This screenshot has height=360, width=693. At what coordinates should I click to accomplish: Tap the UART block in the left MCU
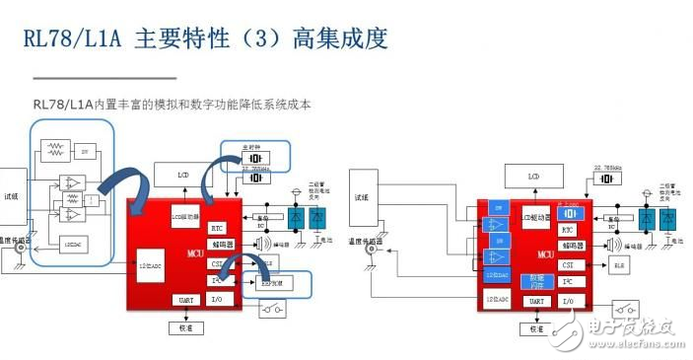(x=184, y=300)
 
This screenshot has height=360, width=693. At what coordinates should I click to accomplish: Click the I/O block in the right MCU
(x=567, y=300)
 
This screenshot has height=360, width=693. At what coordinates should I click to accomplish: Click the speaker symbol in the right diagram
(x=604, y=246)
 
